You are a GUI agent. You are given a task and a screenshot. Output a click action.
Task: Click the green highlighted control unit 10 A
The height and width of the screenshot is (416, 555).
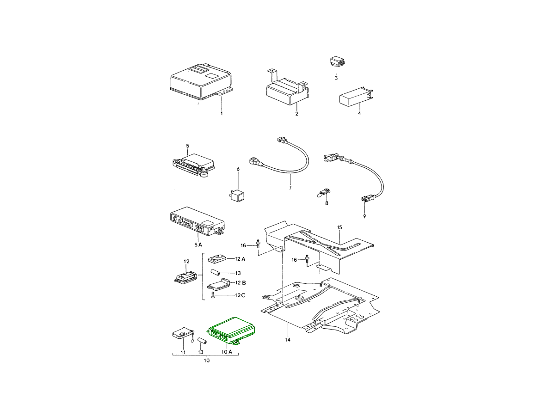click(x=231, y=330)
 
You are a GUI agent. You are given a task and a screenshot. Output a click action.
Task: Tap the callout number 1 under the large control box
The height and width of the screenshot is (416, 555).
click(x=222, y=114)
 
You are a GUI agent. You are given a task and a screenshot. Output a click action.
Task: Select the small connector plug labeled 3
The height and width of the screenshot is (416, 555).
click(x=337, y=62)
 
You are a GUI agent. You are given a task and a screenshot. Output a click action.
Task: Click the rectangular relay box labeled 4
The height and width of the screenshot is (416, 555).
click(x=356, y=96)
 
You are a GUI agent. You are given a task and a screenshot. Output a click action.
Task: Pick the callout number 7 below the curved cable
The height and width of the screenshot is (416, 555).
click(x=290, y=188)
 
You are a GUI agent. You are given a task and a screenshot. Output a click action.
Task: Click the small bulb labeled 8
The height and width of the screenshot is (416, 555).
click(x=324, y=194)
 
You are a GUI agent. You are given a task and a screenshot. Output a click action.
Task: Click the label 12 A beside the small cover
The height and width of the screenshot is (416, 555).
click(x=240, y=259)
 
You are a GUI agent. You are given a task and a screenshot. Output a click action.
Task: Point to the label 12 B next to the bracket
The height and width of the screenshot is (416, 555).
click(x=240, y=282)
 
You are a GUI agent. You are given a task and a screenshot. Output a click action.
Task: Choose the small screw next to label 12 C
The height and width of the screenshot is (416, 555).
click(x=213, y=294)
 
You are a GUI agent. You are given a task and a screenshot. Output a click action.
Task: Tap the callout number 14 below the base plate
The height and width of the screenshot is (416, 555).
click(x=288, y=340)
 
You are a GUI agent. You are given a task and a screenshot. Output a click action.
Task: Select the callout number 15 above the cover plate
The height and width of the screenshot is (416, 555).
click(x=339, y=227)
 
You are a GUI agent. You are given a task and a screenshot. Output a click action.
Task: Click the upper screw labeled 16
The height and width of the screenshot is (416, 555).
click(x=258, y=244)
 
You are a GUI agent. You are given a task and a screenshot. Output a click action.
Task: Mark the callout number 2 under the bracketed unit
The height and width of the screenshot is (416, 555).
click(x=296, y=114)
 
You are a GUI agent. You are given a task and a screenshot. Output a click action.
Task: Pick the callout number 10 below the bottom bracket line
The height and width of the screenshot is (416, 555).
click(x=207, y=361)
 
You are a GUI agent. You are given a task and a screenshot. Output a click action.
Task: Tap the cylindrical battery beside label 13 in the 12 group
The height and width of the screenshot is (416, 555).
click(x=215, y=273)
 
